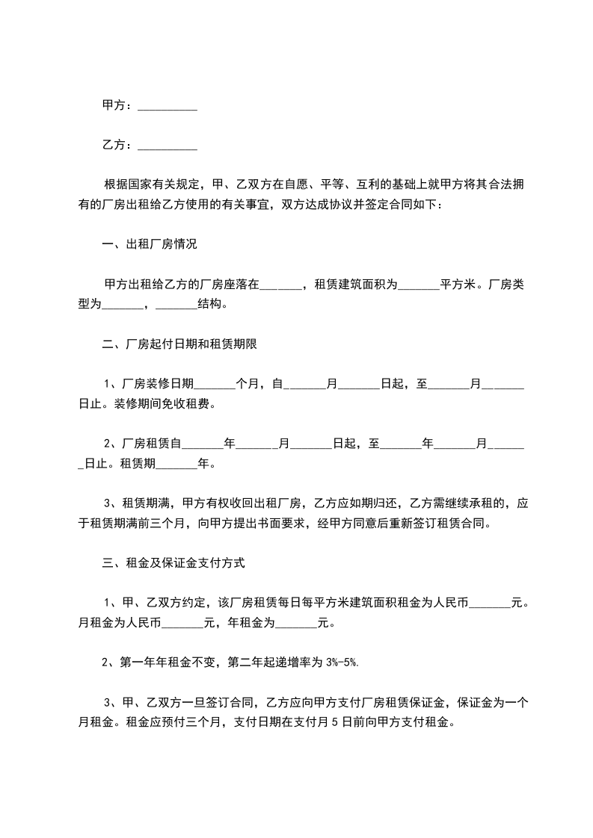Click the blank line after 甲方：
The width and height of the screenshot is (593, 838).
(x=168, y=108)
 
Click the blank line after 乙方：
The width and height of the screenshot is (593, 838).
(x=168, y=146)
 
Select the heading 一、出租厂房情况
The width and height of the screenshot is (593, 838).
(x=150, y=244)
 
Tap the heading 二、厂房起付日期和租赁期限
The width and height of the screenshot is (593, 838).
(x=180, y=344)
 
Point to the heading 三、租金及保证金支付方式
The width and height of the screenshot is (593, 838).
(x=173, y=564)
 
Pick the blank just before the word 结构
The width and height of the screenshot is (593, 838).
(x=176, y=305)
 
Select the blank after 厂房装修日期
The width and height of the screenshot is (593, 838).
(x=215, y=385)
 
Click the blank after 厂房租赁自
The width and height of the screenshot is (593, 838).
(x=203, y=445)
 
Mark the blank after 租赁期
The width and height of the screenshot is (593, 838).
(x=176, y=465)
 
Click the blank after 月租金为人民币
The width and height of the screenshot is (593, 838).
(x=182, y=623)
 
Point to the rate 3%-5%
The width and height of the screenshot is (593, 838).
(x=342, y=662)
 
